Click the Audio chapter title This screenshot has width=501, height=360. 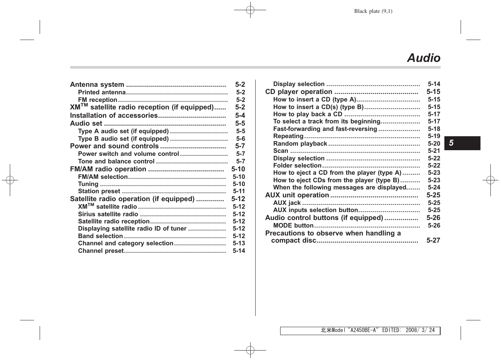pyautogui.click(x=424, y=58)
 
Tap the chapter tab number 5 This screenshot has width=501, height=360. pyautogui.click(x=451, y=143)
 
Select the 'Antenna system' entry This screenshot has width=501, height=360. pyautogui.click(x=97, y=85)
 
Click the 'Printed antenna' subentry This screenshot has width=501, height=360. pyautogui.click(x=102, y=92)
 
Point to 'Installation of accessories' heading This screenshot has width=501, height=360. pyautogui.click(x=114, y=115)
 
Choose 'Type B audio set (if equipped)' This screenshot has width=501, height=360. pyautogui.click(x=123, y=139)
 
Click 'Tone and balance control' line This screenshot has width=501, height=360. pyautogui.click(x=116, y=161)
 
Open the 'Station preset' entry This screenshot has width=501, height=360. pyautogui.click(x=99, y=191)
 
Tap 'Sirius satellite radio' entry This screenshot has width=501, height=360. pyautogui.click(x=108, y=214)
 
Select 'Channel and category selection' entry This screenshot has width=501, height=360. pyautogui.click(x=125, y=243)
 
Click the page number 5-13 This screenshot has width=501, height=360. pyautogui.click(x=239, y=243)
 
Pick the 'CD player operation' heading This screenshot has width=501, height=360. pyautogui.click(x=299, y=92)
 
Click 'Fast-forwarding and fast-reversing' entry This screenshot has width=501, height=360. pyautogui.click(x=325, y=129)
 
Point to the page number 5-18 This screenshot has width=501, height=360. pyautogui.click(x=434, y=129)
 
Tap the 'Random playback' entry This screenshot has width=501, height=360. pyautogui.click(x=300, y=144)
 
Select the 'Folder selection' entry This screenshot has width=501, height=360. pyautogui.click(x=297, y=166)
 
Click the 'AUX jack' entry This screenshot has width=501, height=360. pyautogui.click(x=287, y=203)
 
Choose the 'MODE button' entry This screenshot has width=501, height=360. pyautogui.click(x=293, y=225)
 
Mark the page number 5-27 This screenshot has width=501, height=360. pyautogui.click(x=433, y=240)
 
